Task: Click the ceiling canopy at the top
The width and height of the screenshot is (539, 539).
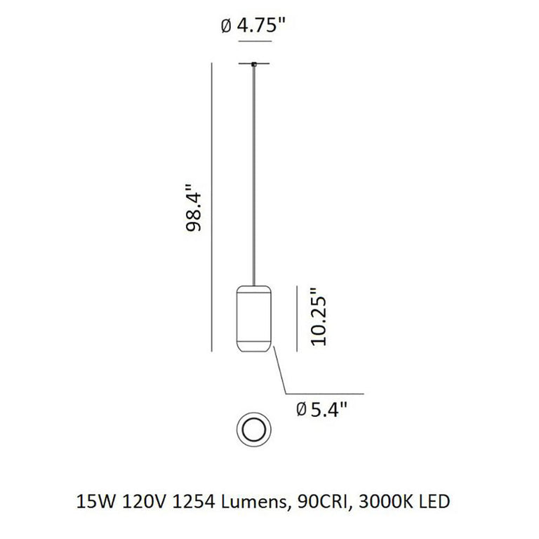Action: tap(254, 65)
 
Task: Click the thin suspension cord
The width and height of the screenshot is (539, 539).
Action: tap(254, 175)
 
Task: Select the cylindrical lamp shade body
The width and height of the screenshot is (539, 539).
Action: tap(254, 318)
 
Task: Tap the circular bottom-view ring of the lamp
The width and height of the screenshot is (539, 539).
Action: tap(253, 428)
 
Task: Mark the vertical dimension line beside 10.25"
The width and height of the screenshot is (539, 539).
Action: tap(298, 317)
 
